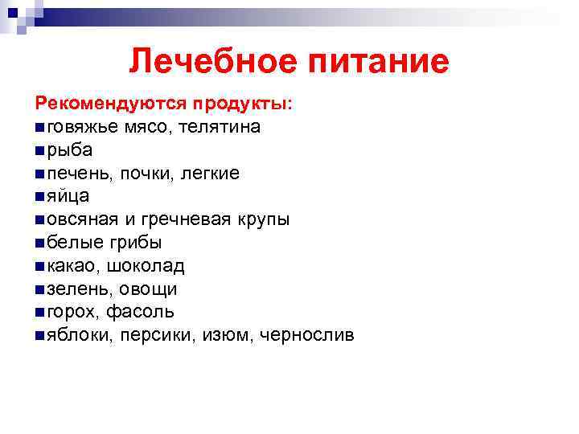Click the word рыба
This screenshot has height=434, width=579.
click(x=70, y=150)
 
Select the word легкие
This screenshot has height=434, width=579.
click(x=209, y=173)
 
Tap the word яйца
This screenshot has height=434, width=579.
click(x=68, y=196)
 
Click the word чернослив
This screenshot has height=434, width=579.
click(x=306, y=334)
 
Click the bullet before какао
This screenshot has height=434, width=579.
click(x=40, y=266)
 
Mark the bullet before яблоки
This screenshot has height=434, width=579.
click(x=40, y=335)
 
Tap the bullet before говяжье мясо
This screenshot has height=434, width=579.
click(x=40, y=128)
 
